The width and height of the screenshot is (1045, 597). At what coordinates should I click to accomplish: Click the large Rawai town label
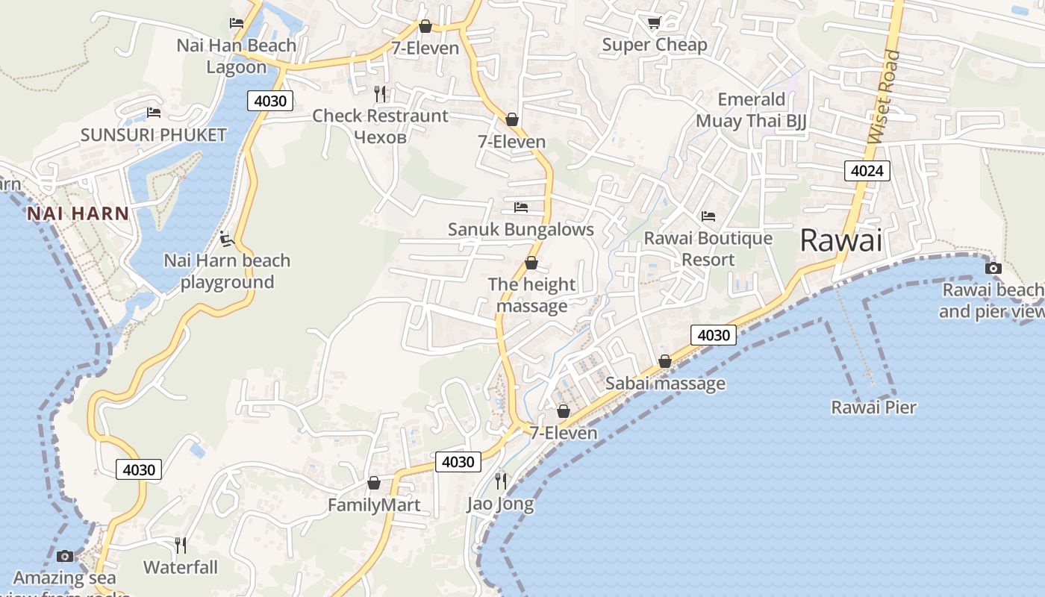coord(840,240)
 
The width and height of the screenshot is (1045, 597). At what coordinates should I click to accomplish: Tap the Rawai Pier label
coord(873,407)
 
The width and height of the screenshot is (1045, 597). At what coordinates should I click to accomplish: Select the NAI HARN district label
coord(78,213)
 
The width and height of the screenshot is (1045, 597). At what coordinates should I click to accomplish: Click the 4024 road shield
coord(867,171)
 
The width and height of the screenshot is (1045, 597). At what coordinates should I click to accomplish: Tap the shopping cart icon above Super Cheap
coord(654,23)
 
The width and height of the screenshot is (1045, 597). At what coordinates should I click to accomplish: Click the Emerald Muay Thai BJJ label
coord(751,110)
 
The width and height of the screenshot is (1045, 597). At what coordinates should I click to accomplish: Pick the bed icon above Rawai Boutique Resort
coord(708,216)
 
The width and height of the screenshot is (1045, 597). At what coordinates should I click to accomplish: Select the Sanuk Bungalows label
coord(520,229)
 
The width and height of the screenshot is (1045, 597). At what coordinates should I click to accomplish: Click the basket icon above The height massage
coord(531,263)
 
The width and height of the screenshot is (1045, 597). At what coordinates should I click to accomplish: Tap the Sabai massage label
coord(665,384)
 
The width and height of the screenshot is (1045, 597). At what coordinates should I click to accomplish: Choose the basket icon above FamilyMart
coord(374,483)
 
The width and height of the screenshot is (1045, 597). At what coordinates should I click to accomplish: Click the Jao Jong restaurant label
coord(500,504)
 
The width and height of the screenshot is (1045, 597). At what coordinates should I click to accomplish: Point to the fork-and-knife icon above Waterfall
coord(181,546)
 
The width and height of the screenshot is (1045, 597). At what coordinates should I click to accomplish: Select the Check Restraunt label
coord(380,116)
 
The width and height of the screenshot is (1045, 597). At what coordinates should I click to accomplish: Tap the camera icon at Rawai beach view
coord(993,268)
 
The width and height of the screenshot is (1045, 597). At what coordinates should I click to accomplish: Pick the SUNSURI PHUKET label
coord(153,135)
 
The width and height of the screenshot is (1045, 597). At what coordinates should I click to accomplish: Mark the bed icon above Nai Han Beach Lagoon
coord(237,23)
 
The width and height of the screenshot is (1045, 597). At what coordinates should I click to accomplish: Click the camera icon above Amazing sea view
coord(65,556)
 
